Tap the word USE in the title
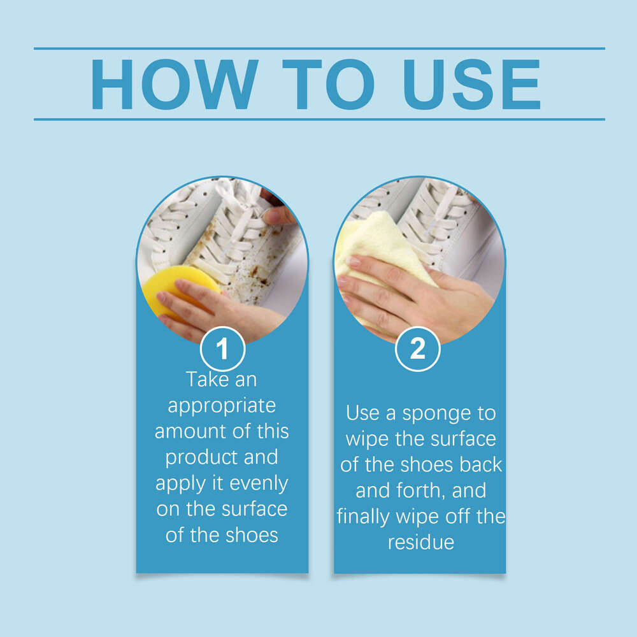[x=473, y=85]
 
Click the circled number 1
[x=222, y=349]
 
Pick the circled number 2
[x=418, y=349]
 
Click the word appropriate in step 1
[x=222, y=406]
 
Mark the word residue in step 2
[x=420, y=542]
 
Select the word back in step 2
[x=480, y=464]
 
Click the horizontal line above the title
[x=318, y=48]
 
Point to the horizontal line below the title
[x=318, y=119]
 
